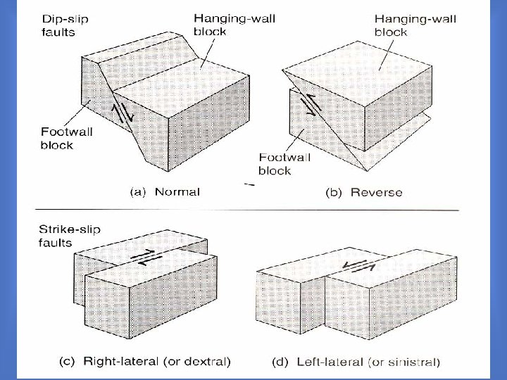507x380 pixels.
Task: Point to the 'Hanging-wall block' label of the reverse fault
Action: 415,25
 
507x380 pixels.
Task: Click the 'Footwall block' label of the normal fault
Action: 68,138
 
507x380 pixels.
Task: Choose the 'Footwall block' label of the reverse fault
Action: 284,163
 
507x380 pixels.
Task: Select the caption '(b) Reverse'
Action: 363,192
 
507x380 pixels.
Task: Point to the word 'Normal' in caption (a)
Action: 177,191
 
